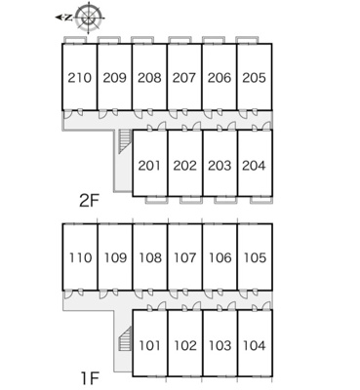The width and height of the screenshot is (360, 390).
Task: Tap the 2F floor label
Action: click(x=89, y=201)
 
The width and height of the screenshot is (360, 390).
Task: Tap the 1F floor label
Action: click(x=90, y=377)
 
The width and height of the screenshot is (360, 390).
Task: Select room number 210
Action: click(x=80, y=78)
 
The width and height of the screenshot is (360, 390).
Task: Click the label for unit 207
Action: click(x=184, y=78)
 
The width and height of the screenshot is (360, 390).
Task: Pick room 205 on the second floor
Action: click(x=255, y=78)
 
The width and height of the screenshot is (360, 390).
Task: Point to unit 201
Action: click(x=149, y=166)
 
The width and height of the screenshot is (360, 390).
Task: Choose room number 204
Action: click(x=254, y=166)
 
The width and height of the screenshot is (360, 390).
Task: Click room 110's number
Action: click(x=81, y=258)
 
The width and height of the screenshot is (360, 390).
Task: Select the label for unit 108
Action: click(x=150, y=258)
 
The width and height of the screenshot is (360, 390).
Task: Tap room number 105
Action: click(x=255, y=258)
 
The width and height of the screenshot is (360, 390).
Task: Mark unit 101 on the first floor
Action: click(x=150, y=345)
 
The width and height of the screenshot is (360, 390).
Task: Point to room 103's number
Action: click(x=220, y=345)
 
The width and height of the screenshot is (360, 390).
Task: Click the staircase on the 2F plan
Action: click(x=124, y=141)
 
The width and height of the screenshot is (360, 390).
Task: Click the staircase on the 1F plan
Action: click(x=124, y=339)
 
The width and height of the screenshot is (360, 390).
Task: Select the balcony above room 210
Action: click(x=75, y=40)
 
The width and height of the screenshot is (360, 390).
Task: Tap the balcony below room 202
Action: click(x=191, y=200)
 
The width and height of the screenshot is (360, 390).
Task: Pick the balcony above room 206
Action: click(x=214, y=40)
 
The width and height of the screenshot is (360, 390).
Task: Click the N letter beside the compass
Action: click(x=68, y=18)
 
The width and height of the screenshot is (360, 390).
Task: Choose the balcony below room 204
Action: click(x=261, y=200)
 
